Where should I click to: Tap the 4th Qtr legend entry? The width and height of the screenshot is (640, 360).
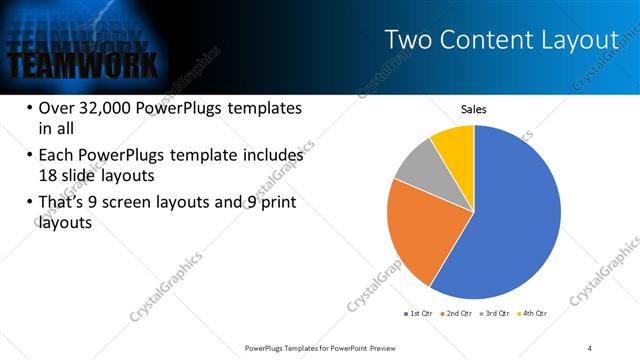tap(534, 313)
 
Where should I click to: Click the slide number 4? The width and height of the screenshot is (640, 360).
tap(590, 347)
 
